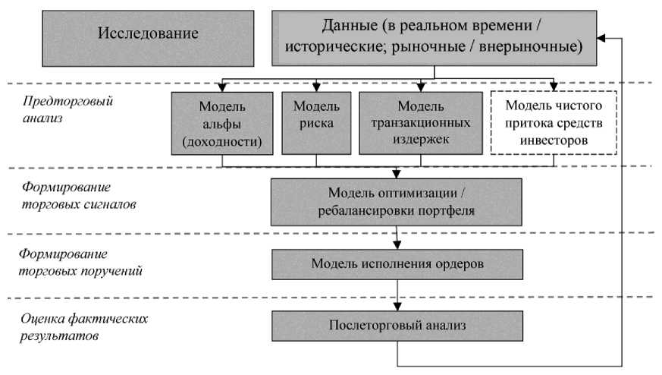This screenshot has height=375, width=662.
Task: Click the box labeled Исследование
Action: [x=148, y=39]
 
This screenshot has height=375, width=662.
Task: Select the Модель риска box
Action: [x=316, y=123]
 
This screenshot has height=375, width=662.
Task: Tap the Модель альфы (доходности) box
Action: [x=222, y=124]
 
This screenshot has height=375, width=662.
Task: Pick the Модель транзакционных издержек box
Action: [x=421, y=123]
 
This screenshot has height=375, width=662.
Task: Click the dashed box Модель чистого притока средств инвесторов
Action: [x=554, y=123]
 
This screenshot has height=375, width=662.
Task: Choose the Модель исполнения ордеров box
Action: [x=397, y=264]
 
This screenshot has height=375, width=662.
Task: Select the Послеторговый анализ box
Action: [x=397, y=326]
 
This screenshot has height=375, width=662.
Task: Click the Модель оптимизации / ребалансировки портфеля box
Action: [x=396, y=202]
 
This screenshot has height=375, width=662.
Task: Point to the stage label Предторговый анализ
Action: [x=67, y=109]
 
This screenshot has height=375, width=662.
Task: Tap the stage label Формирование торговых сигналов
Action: [x=79, y=195]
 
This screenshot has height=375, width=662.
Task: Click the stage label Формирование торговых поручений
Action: [x=80, y=262]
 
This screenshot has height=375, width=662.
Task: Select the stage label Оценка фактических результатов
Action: [x=84, y=327]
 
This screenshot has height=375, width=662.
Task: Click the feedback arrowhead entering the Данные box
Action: [x=601, y=39]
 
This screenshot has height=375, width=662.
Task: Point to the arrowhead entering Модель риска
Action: [x=316, y=87]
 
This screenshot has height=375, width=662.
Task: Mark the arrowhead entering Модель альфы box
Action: [x=222, y=87]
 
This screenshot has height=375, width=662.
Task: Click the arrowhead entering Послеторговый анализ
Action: [x=397, y=307]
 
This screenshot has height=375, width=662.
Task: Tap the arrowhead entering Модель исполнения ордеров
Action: [x=397, y=244]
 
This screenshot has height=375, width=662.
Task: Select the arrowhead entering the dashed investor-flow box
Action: [x=554, y=87]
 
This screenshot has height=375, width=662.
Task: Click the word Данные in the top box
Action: [x=350, y=26]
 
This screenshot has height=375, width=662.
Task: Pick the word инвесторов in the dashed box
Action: [x=554, y=140]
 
